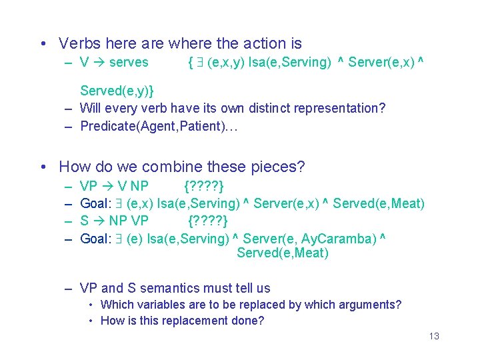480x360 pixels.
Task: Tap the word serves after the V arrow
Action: (x=129, y=63)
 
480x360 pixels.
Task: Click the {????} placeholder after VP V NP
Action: (x=203, y=185)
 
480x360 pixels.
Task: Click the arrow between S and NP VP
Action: (x=98, y=221)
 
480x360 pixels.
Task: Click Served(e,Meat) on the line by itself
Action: (x=283, y=253)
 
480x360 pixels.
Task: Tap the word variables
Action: (x=159, y=305)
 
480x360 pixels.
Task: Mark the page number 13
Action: (x=434, y=336)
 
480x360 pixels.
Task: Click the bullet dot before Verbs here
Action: (x=42, y=44)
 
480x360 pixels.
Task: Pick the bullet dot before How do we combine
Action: (x=42, y=167)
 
